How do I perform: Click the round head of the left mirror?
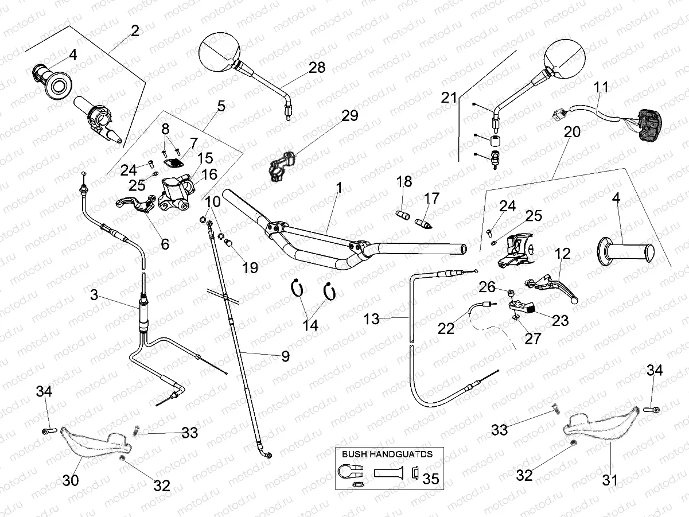point(217,52)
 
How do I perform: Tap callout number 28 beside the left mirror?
point(316,68)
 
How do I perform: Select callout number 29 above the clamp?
point(349,115)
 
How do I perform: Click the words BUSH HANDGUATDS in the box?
point(387,453)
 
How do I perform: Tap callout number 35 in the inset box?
point(431,478)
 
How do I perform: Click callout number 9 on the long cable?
point(285,356)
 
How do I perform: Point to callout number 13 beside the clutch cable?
point(372,319)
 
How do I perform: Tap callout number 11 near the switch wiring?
point(601,88)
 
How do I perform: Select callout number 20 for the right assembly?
point(572,131)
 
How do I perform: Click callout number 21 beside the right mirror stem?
point(449,98)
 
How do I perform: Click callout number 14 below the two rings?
point(310,325)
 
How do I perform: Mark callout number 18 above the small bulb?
point(404,182)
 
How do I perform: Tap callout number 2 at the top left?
point(135,31)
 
